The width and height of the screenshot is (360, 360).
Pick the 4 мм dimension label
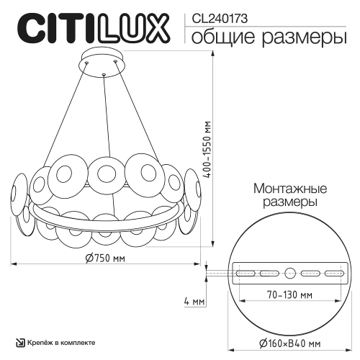tap(192, 300)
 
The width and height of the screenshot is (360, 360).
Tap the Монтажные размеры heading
tap(290, 194)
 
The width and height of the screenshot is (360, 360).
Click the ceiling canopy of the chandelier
tap(104, 60)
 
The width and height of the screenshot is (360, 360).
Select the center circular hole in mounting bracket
tap(290, 273)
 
